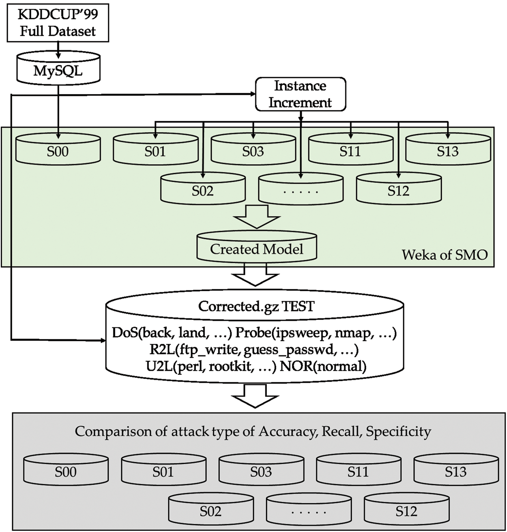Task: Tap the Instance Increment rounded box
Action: (x=300, y=94)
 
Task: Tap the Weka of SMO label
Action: (x=445, y=255)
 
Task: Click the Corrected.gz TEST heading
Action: (x=256, y=306)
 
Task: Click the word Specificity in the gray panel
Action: (x=398, y=431)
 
